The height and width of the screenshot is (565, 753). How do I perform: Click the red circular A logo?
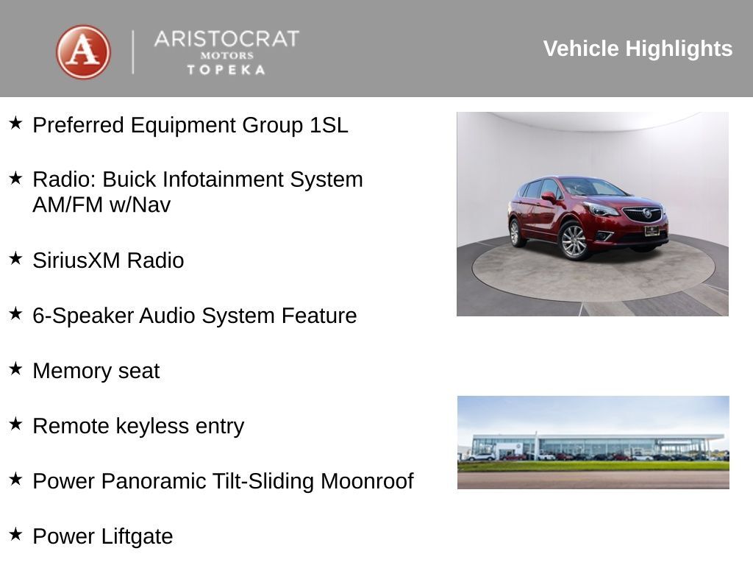point(83,51)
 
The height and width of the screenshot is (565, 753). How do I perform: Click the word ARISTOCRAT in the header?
point(226,39)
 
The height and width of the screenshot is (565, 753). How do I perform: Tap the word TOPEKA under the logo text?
point(226,70)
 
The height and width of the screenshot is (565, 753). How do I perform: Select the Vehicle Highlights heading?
point(638,49)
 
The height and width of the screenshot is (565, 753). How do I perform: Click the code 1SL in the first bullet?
point(328,125)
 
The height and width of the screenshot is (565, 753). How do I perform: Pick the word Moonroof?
point(367,481)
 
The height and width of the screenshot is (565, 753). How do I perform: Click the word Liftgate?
point(139,536)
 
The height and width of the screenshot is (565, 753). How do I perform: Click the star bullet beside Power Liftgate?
point(15,534)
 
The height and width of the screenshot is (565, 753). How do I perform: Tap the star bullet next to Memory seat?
point(15,369)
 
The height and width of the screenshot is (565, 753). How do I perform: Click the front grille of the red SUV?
point(643,214)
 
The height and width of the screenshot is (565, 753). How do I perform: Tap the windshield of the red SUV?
point(593,187)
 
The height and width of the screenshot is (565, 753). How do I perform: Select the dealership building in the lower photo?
point(588,446)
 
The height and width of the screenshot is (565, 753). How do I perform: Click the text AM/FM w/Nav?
point(101,205)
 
